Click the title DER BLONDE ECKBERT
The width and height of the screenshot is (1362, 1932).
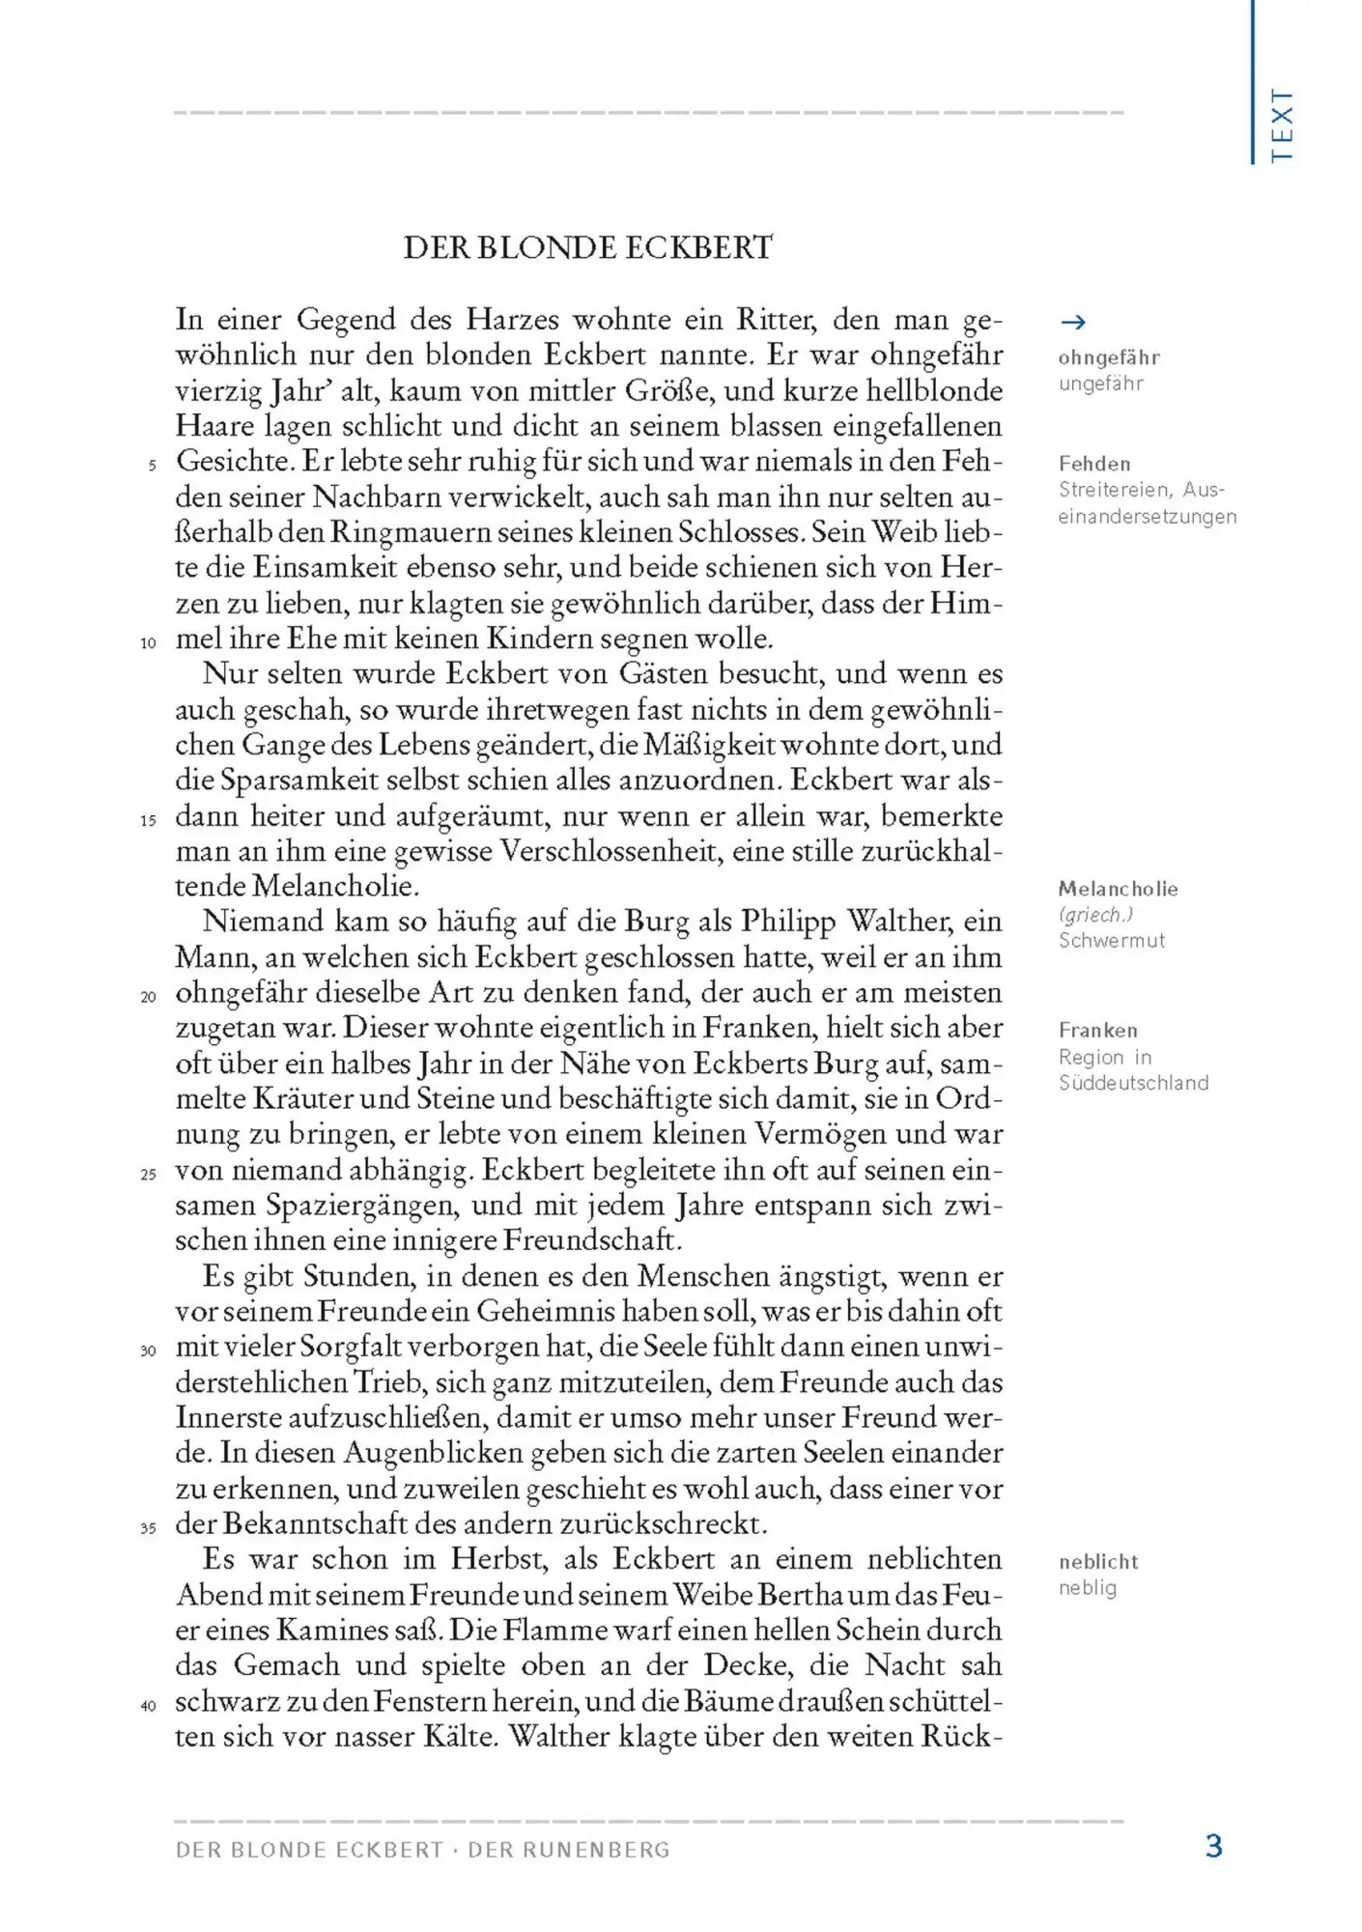click(587, 248)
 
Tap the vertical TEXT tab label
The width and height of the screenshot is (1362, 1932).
click(1282, 126)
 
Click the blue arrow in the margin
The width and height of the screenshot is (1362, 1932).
click(1072, 323)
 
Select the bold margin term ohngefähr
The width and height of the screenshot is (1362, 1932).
click(1109, 357)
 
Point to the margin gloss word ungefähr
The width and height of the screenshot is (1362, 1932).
click(1100, 384)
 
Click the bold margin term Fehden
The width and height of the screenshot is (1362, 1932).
click(1094, 464)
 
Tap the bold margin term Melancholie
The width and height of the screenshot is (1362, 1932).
click(1118, 889)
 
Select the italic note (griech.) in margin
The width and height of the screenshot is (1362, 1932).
click(1095, 915)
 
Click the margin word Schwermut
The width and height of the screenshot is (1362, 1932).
click(1111, 941)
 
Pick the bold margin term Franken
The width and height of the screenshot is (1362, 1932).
click(1097, 1031)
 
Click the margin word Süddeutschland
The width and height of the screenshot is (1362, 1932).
click(1133, 1083)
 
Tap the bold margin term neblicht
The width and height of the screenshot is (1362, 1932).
click(1098, 1562)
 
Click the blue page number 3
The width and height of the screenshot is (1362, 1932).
click(1214, 1847)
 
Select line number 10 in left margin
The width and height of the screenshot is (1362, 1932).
click(148, 642)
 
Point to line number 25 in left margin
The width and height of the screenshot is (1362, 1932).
click(148, 1175)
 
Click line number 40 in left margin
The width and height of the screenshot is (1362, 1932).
click(148, 1706)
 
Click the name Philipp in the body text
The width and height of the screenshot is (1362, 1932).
click(787, 922)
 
